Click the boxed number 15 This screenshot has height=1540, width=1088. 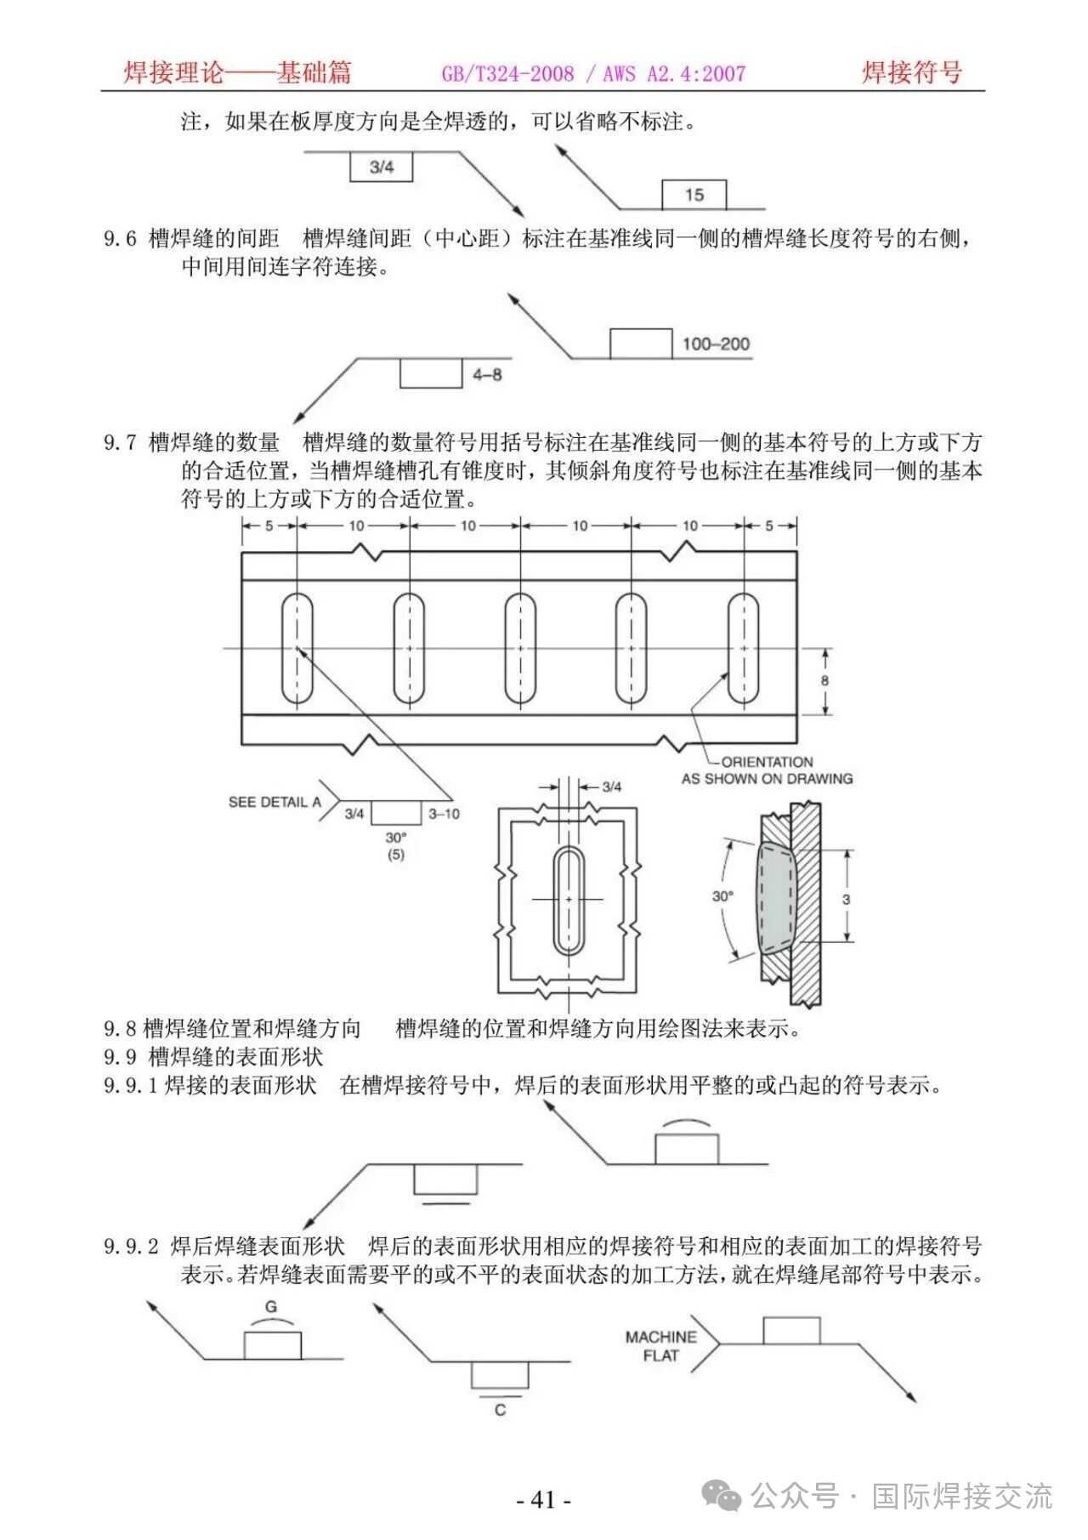coord(694,195)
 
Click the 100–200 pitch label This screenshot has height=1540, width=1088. coord(716,344)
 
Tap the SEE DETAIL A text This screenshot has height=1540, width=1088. coord(275,801)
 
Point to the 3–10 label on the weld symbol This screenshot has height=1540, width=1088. coord(444,814)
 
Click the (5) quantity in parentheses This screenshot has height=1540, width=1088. coord(395,855)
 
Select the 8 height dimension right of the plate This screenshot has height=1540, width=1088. coord(824,680)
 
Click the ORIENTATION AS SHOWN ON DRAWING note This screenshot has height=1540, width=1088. coord(767,770)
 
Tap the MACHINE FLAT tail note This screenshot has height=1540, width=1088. coord(661,1346)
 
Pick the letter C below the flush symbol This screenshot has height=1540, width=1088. coord(500,1410)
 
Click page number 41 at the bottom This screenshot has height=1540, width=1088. coord(544,1499)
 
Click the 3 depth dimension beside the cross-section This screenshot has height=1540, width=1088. coord(846,899)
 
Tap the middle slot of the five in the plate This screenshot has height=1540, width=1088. coord(519,649)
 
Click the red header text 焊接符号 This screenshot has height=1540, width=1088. coord(911,72)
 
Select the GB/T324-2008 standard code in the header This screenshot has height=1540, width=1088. coord(507,74)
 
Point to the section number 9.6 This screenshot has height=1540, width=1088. coord(120,239)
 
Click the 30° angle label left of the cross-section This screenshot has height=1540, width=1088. coord(722,895)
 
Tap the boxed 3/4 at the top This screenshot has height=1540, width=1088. coord(382,167)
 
